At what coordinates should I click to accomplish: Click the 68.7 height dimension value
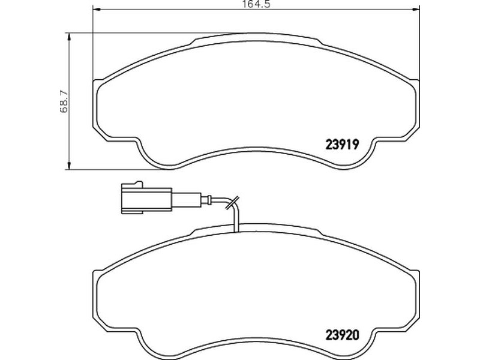64,101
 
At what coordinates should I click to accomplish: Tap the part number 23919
342,145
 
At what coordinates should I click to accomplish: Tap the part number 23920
342,336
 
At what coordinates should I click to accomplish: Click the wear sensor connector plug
146,197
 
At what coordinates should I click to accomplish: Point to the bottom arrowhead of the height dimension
70,165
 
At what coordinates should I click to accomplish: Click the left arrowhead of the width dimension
97,9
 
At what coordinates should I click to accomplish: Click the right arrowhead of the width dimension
415,9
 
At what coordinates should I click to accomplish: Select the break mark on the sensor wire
232,202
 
